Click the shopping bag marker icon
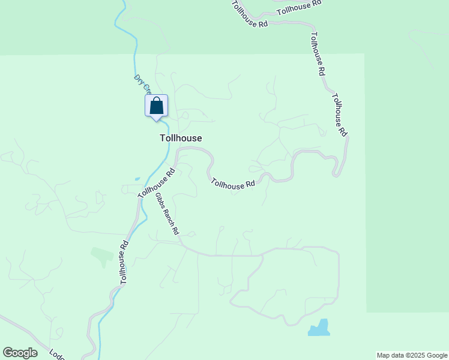(156, 106)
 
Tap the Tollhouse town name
(181, 138)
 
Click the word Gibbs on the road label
(161, 201)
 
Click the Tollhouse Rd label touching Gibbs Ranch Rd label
(156, 182)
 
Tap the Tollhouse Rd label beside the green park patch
(123, 262)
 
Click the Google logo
(20, 353)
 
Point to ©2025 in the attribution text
(413, 355)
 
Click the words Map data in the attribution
(390, 355)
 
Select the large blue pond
(320, 328)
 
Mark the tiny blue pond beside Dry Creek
(137, 178)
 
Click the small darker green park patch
(101, 255)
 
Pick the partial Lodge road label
(57, 355)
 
